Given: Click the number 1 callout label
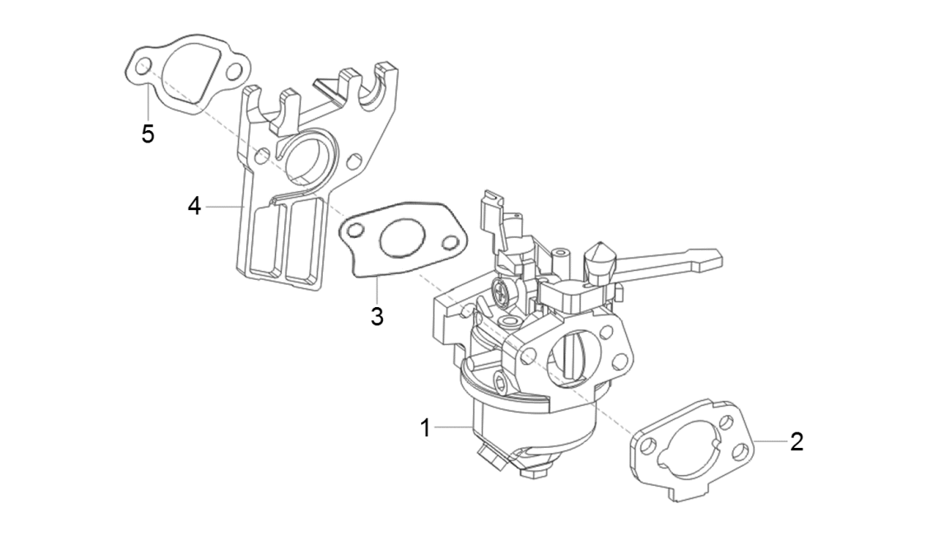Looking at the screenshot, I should (425, 428).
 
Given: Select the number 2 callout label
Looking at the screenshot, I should (796, 441).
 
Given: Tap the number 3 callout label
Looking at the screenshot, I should (376, 316).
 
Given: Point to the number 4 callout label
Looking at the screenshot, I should (194, 206).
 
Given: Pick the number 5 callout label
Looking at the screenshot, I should (147, 133).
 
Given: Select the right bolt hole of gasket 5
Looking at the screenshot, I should (235, 72).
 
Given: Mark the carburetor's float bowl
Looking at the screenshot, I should (527, 428).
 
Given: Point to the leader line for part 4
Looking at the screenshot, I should (222, 206).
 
